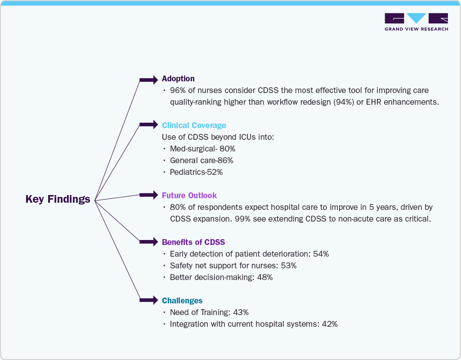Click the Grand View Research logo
pyautogui.click(x=416, y=22)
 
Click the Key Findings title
pyautogui.click(x=58, y=199)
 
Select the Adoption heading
pyautogui.click(x=178, y=79)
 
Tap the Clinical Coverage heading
pyautogui.click(x=194, y=125)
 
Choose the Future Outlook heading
pyautogui.click(x=189, y=196)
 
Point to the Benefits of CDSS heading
pyautogui.click(x=193, y=242)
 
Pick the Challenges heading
pyautogui.click(x=182, y=301)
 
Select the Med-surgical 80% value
pyautogui.click(x=228, y=149)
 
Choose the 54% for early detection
pyautogui.click(x=321, y=254)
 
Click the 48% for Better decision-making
pyautogui.click(x=265, y=277)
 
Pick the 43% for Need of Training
pyautogui.click(x=241, y=312)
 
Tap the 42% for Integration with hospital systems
pyautogui.click(x=330, y=324)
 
